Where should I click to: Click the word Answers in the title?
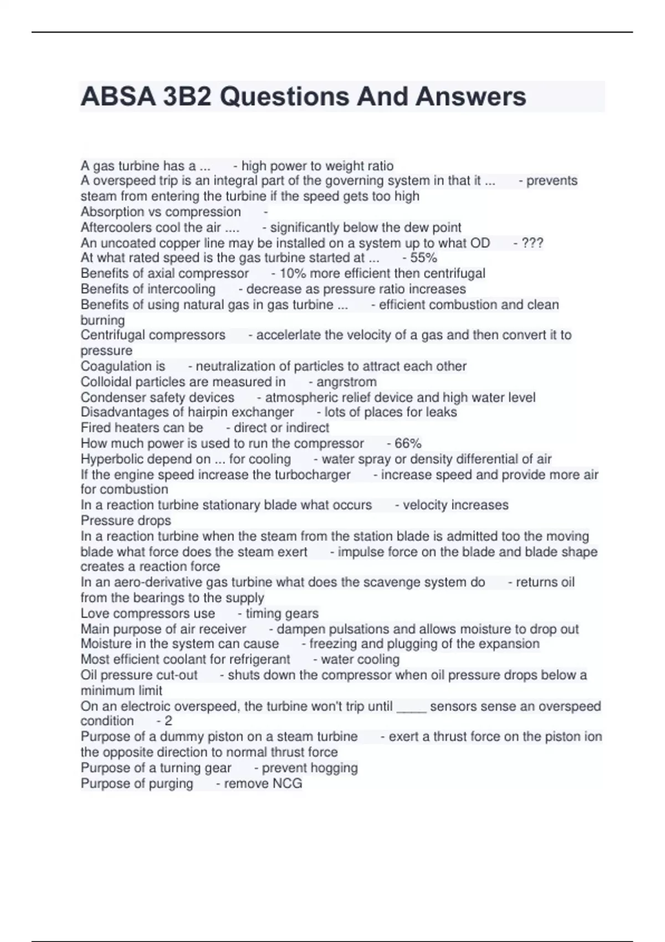470,96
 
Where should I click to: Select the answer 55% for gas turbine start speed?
423,258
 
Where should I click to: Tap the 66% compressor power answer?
408,443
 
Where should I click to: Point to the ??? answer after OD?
532,243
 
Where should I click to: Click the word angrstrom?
346,382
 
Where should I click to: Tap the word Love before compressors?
94,613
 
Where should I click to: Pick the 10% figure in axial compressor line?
293,273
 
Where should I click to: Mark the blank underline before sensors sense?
412,709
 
